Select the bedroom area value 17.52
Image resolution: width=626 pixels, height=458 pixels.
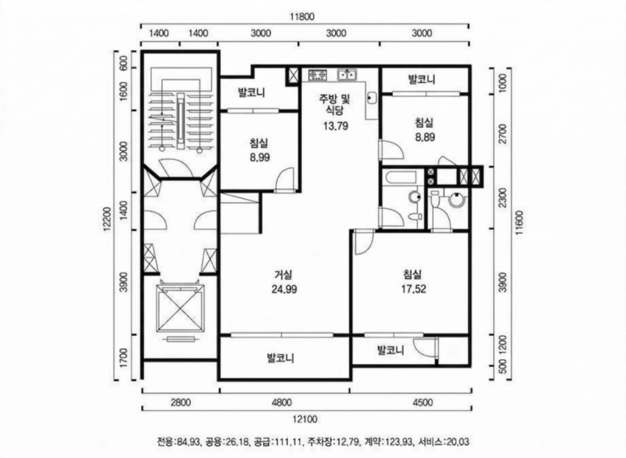point(412,287)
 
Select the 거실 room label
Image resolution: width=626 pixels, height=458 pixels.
point(283,275)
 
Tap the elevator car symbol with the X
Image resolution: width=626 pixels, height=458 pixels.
point(180,307)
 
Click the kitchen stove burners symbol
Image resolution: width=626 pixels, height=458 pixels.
point(318,76)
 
